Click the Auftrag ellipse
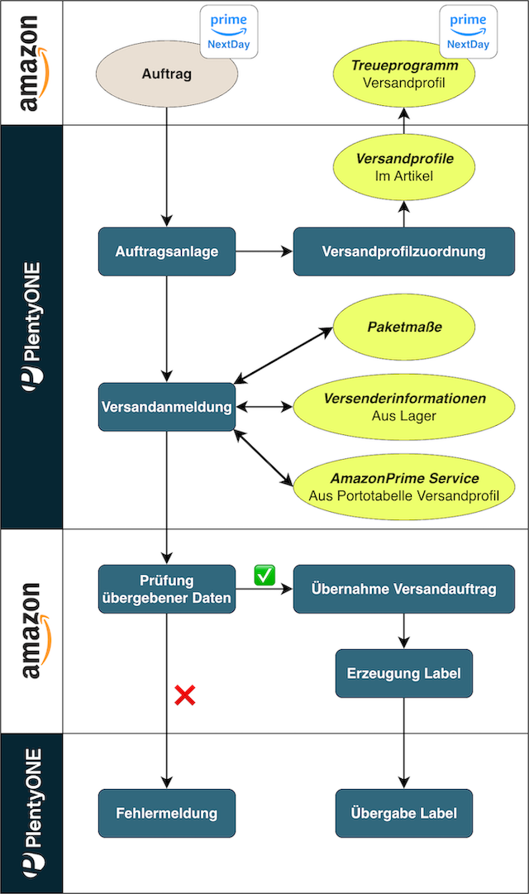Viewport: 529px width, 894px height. click(x=166, y=74)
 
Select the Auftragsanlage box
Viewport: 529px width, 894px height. click(x=167, y=251)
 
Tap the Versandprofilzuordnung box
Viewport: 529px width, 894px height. click(x=403, y=251)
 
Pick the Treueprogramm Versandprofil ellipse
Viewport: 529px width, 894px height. click(x=403, y=74)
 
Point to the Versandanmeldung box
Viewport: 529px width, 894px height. click(x=166, y=407)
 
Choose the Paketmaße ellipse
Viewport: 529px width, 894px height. click(x=403, y=327)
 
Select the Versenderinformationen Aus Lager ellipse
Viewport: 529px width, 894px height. click(x=403, y=407)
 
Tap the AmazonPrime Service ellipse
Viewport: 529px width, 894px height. click(x=403, y=486)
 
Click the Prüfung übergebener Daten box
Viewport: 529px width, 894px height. click(x=166, y=589)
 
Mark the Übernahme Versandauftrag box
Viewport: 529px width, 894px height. click(x=403, y=589)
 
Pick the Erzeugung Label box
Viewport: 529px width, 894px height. click(x=403, y=673)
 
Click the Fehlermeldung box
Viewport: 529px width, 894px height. click(x=166, y=813)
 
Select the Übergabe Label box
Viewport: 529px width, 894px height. click(x=403, y=813)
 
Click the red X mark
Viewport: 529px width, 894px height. click(x=184, y=696)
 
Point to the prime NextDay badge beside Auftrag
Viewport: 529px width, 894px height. click(x=229, y=31)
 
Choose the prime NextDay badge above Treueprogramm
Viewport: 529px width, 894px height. click(x=468, y=31)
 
